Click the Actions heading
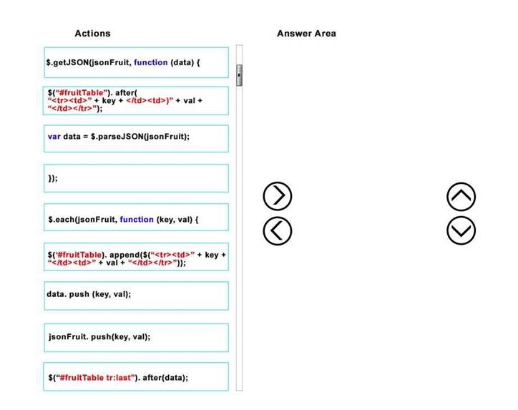(x=92, y=34)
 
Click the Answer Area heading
(x=306, y=34)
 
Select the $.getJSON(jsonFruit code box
(x=137, y=62)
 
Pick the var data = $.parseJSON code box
(x=136, y=138)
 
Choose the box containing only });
(x=136, y=178)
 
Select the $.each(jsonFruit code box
(x=136, y=217)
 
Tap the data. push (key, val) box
(x=137, y=296)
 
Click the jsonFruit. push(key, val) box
(x=137, y=338)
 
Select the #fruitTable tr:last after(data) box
(x=136, y=376)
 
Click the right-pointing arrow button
(x=278, y=196)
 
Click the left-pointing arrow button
(x=278, y=231)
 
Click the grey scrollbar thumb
(x=239, y=75)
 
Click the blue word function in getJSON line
(x=151, y=62)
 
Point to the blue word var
(x=54, y=137)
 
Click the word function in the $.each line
(x=137, y=220)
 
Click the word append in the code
(x=124, y=255)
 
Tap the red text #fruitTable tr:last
(x=97, y=378)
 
